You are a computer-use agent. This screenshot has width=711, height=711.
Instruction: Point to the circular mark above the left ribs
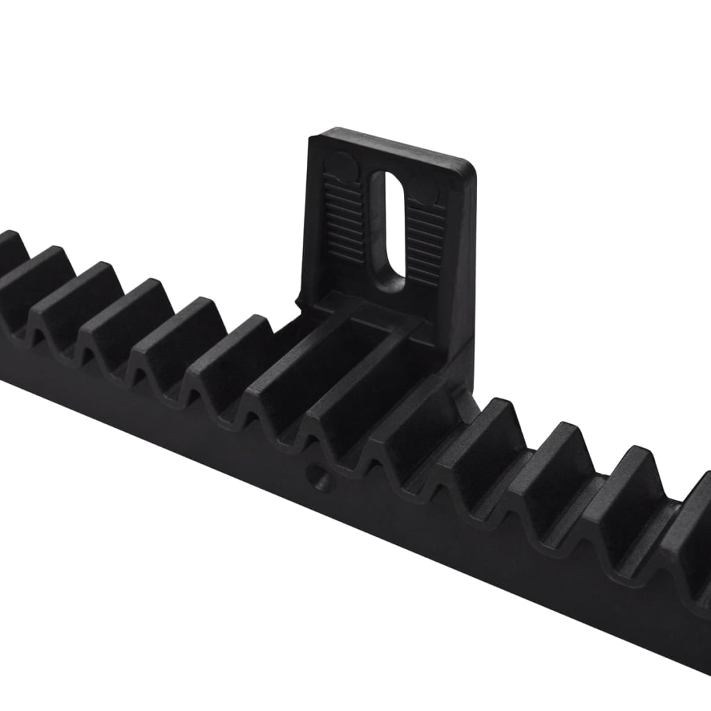pyautogui.click(x=340, y=167)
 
